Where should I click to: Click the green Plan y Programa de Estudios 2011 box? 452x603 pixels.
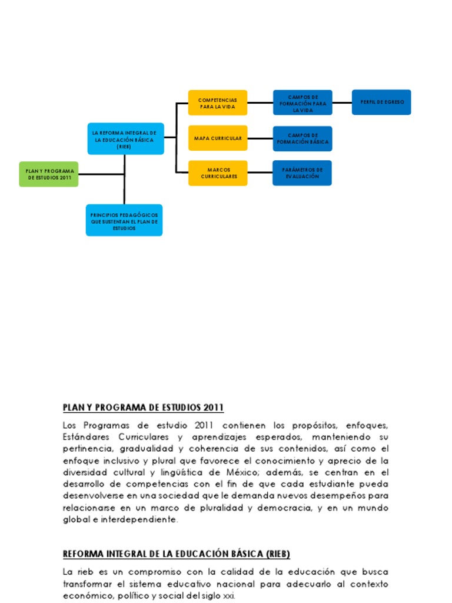pyautogui.click(x=48, y=174)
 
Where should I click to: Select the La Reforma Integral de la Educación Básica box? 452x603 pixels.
pyautogui.click(x=125, y=138)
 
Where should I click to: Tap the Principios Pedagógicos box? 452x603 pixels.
pyautogui.click(x=124, y=220)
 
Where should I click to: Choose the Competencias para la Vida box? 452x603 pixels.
pyautogui.click(x=217, y=103)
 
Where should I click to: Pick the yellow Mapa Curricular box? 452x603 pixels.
pyautogui.click(x=218, y=138)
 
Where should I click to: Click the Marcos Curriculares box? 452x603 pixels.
pyautogui.click(x=218, y=173)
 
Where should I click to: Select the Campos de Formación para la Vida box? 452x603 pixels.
pyautogui.click(x=303, y=103)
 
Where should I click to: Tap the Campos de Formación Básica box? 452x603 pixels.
pyautogui.click(x=303, y=139)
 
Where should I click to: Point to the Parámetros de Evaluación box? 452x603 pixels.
pyautogui.click(x=302, y=173)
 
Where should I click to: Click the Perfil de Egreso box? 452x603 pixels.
pyautogui.click(x=381, y=102)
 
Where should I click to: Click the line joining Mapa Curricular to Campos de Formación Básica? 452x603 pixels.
pyautogui.click(x=260, y=138)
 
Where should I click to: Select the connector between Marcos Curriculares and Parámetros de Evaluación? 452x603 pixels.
pyautogui.click(x=260, y=173)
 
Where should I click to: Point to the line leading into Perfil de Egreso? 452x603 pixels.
pyautogui.click(x=342, y=102)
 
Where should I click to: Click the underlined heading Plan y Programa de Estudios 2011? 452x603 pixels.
pyautogui.click(x=143, y=407)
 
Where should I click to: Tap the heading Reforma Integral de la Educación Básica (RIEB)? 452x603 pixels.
pyautogui.click(x=176, y=554)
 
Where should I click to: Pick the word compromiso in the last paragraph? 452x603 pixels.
pyautogui.click(x=134, y=572)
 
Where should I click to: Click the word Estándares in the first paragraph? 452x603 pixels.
pyautogui.click(x=86, y=437)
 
